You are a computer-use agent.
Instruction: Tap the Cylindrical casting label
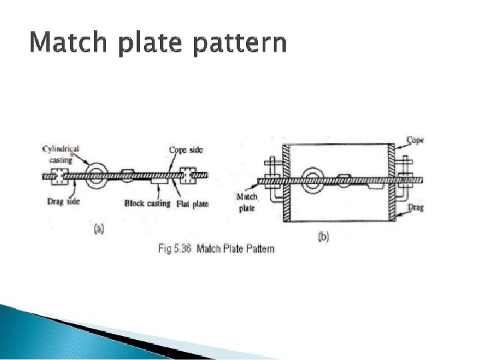[61, 154]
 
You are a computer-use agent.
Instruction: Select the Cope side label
[186, 150]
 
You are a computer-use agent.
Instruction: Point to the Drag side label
[63, 201]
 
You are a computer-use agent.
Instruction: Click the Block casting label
[147, 203]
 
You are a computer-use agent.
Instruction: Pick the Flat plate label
[193, 204]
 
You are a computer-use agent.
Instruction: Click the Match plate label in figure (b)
[247, 203]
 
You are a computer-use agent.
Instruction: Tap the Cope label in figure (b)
[415, 140]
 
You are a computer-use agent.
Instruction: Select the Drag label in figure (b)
[416, 207]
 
